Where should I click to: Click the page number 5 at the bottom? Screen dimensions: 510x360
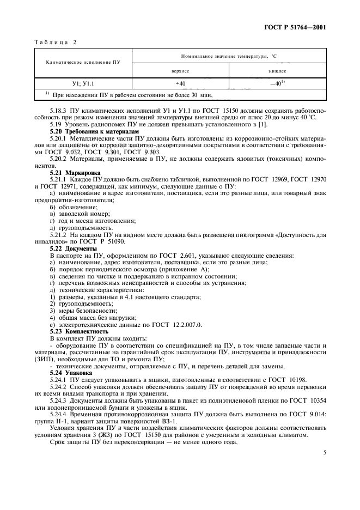pos(324,452)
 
